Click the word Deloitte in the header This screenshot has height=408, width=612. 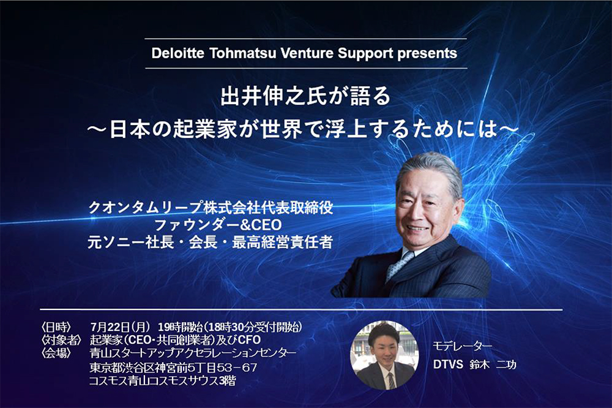[x=177, y=53]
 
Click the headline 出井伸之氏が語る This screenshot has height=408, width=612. [x=305, y=96]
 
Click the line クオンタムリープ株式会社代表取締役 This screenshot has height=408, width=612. [x=211, y=207]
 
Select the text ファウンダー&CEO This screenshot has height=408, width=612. [x=218, y=225]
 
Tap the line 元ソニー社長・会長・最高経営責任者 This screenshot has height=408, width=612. [x=210, y=243]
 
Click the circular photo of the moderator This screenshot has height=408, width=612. [x=384, y=355]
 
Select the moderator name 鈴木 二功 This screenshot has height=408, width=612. [x=493, y=365]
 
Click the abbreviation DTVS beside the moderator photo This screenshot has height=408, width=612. [x=448, y=365]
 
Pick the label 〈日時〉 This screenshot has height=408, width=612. [x=56, y=327]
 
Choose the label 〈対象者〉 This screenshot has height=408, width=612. [x=61, y=339]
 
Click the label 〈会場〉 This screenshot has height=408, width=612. [x=56, y=353]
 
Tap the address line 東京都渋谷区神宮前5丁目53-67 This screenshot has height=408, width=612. [x=173, y=368]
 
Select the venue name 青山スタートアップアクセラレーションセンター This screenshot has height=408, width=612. [x=193, y=353]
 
